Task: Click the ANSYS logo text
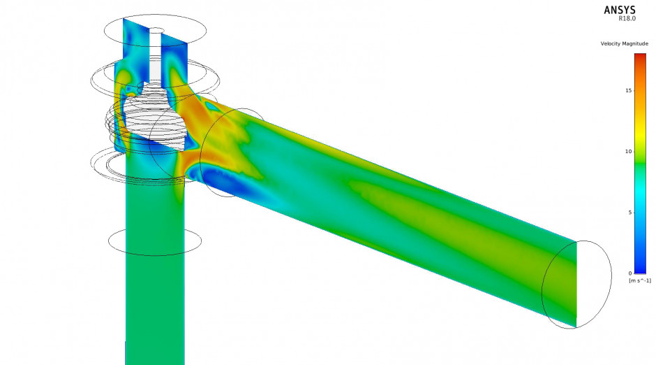click(x=620, y=10)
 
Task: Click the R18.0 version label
click(x=627, y=18)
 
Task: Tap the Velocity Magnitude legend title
click(x=624, y=43)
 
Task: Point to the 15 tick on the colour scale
click(x=628, y=90)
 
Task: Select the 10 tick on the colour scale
click(x=628, y=151)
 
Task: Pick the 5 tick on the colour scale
click(x=629, y=213)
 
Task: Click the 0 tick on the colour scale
click(x=629, y=273)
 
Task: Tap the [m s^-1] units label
click(x=640, y=280)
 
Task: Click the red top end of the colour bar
click(x=640, y=57)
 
